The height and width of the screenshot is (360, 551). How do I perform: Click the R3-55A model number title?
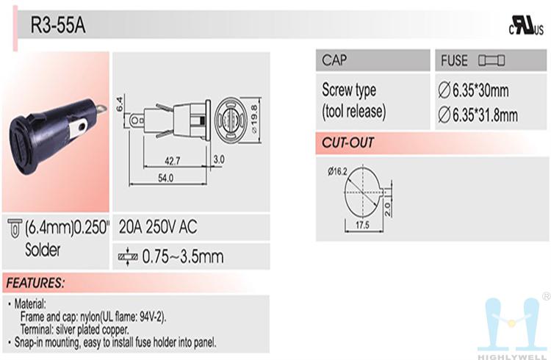point(58,25)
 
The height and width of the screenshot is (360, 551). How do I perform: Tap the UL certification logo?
point(526,26)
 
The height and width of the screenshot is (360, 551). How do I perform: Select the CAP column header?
point(334,60)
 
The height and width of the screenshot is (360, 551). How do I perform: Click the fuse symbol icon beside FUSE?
point(491,60)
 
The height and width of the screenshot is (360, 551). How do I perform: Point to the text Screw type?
point(349,90)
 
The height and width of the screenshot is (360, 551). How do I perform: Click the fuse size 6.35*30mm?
point(473,90)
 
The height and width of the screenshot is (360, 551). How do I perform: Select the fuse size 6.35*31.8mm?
point(478,115)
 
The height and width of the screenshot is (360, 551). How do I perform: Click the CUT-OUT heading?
point(347,143)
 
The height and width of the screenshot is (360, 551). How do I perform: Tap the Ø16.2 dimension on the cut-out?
point(337,171)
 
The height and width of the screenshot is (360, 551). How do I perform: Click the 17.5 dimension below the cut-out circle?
point(362,225)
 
